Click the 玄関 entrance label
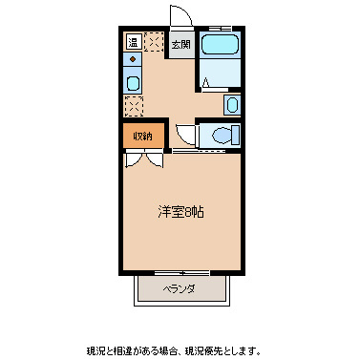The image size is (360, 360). tap(180, 44)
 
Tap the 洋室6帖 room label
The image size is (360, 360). tap(180, 211)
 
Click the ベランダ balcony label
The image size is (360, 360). tap(179, 288)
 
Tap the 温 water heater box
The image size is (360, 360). tap(133, 42)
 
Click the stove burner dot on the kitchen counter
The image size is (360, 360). tap(133, 60)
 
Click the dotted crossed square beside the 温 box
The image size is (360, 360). tap(154, 43)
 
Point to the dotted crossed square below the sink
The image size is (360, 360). tap(133, 104)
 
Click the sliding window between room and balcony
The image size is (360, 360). tap(180, 274)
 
